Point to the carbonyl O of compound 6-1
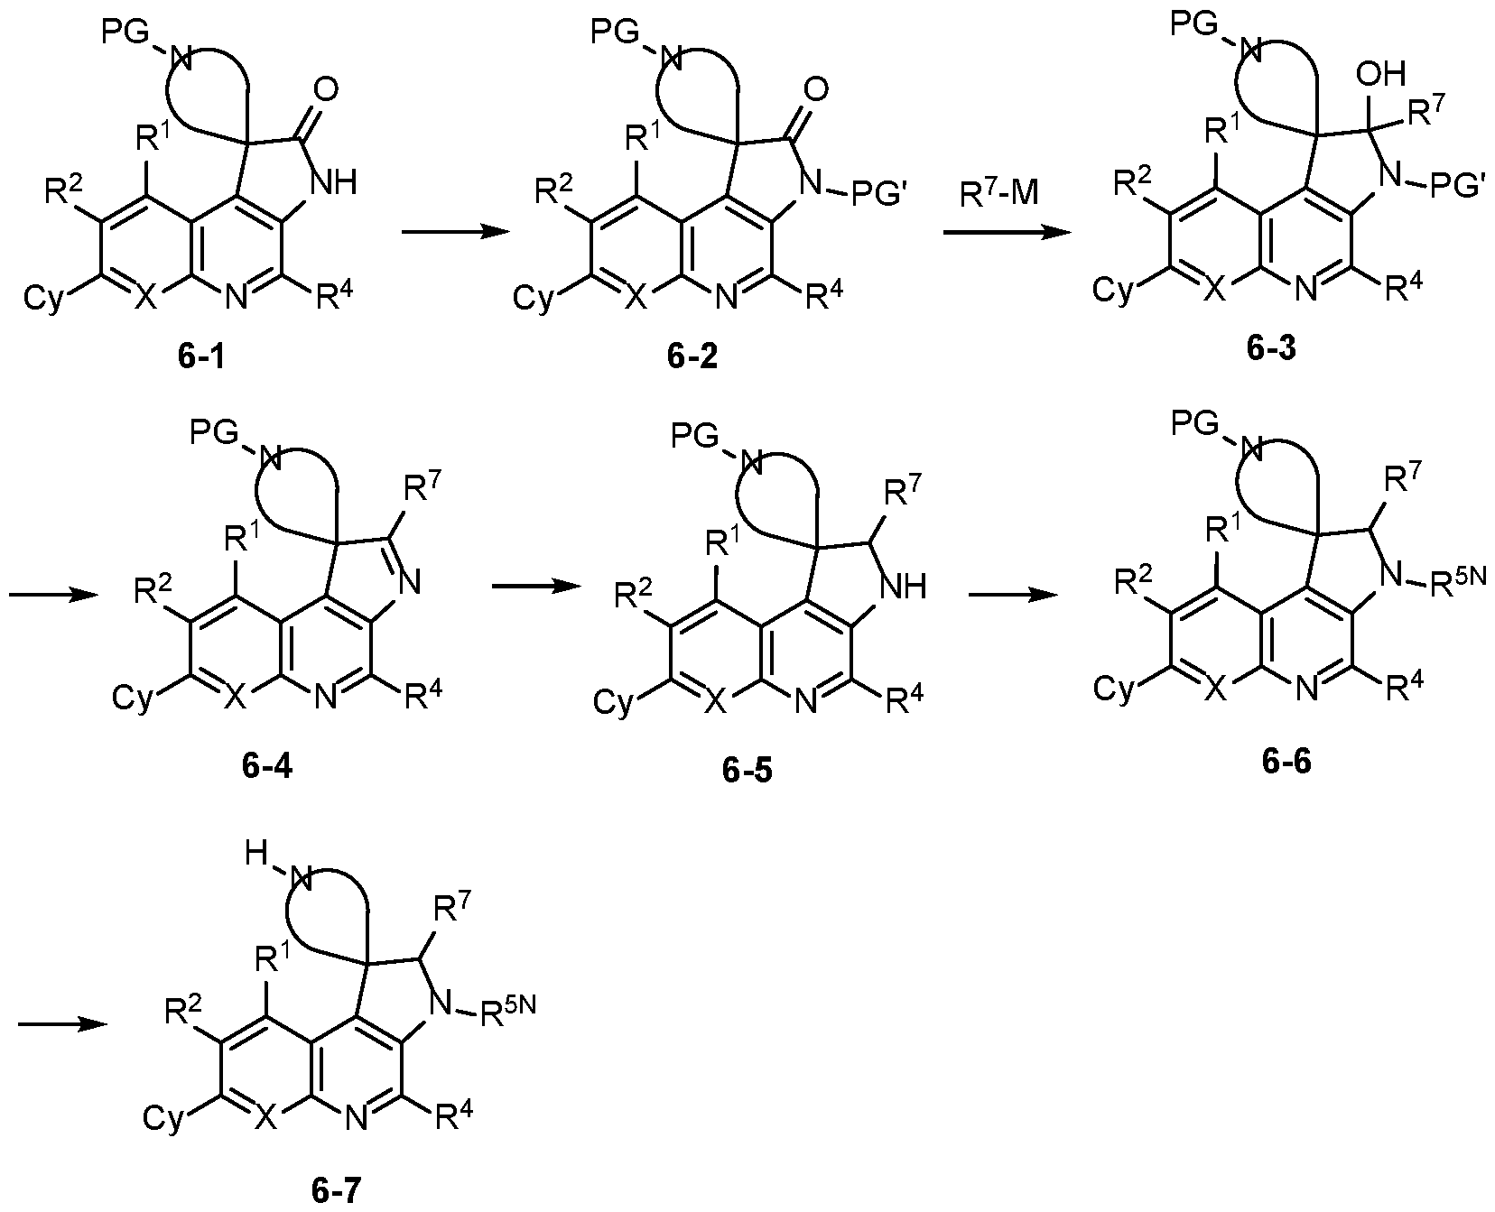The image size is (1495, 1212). pos(329,88)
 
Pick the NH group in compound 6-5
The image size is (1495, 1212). pos(905,587)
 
